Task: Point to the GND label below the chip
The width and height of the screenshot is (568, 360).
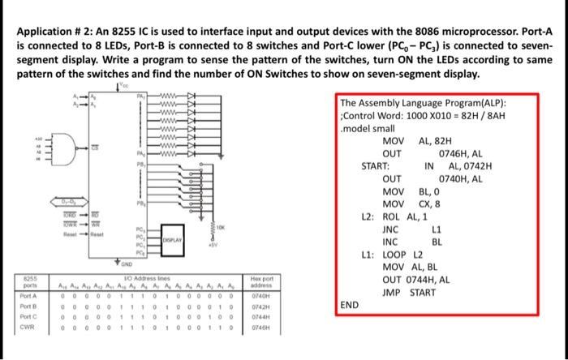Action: [x=127, y=263]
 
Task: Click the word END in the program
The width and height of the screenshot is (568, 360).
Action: [x=350, y=305]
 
